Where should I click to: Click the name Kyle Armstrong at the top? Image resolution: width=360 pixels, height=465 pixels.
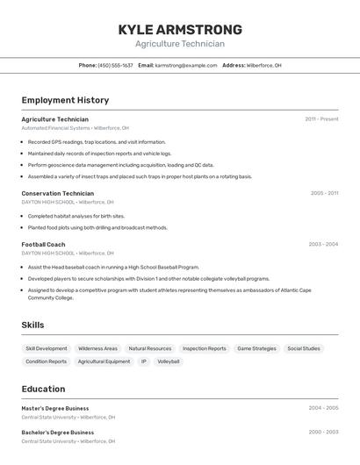(180, 30)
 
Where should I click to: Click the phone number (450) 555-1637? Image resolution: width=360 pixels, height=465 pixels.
(115, 65)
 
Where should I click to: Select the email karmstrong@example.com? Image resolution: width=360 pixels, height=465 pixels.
(186, 65)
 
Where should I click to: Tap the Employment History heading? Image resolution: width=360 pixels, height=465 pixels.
(65, 100)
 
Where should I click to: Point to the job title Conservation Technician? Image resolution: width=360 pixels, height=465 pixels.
(57, 193)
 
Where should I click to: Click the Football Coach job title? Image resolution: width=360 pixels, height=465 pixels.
(43, 245)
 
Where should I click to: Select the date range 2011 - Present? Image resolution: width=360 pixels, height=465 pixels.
(321, 119)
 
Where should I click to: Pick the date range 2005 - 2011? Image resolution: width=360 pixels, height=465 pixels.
(324, 193)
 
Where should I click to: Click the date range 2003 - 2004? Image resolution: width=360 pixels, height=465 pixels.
(323, 245)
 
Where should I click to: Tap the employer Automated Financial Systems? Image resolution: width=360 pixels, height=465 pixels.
(55, 128)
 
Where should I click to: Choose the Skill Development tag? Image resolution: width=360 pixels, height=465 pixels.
(47, 348)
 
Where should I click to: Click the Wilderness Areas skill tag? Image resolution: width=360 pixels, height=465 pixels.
(97, 348)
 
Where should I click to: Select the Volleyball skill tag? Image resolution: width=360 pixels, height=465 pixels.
(169, 361)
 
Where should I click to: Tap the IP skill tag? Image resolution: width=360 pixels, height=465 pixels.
(144, 361)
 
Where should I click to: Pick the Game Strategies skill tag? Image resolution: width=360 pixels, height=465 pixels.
(256, 348)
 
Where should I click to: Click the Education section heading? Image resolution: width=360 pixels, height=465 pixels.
(43, 389)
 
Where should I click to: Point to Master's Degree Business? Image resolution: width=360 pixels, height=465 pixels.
(55, 408)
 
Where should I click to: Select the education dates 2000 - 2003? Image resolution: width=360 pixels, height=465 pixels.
(323, 433)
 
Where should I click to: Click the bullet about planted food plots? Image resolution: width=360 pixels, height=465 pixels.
(97, 227)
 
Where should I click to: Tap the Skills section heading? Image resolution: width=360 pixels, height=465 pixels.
(32, 325)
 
